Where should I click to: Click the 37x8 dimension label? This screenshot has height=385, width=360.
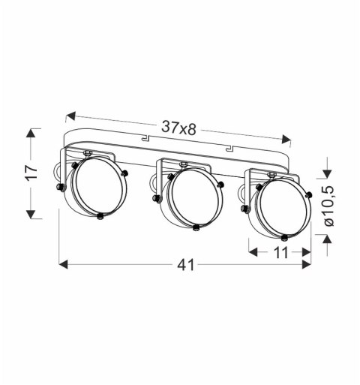click(178, 128)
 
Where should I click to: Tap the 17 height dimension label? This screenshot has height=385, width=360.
click(32, 172)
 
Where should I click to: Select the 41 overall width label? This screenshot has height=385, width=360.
click(185, 265)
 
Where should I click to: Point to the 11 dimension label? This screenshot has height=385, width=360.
click(281, 253)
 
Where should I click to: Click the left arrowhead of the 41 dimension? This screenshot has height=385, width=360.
click(63, 264)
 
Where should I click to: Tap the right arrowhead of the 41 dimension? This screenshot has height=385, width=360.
click(307, 264)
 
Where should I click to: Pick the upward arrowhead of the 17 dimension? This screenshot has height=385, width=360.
click(31, 133)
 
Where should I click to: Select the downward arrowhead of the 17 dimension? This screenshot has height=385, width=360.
click(31, 214)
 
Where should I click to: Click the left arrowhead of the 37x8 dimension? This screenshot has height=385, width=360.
click(70, 116)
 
